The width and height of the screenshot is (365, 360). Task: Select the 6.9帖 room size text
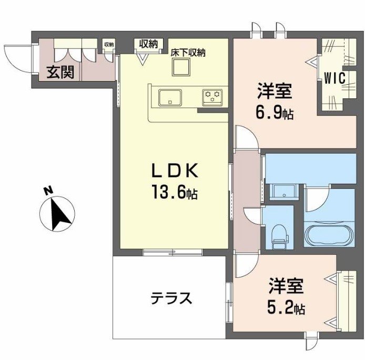pos(275,112)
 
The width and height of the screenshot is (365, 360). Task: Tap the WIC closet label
pos(334,78)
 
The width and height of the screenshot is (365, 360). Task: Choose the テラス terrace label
pos(170,298)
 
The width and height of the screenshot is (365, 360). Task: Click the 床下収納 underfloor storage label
pos(188,52)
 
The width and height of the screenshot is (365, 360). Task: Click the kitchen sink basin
pos(170,97)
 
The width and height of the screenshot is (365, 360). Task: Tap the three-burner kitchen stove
pos(212,96)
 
